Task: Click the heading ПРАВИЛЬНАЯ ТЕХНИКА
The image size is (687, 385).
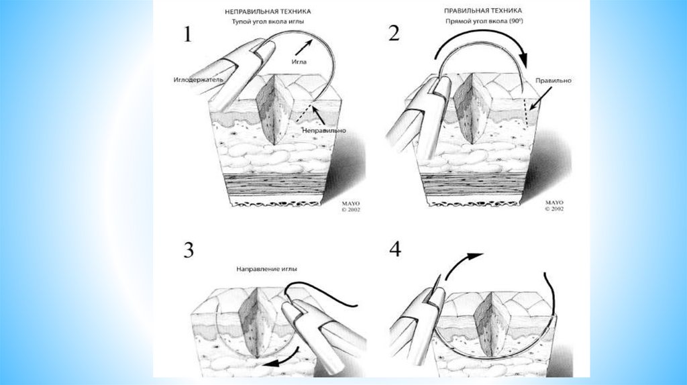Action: point(483,11)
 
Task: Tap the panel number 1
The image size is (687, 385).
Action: point(188,34)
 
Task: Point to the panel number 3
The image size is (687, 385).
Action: point(188,251)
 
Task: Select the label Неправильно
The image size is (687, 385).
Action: point(324,129)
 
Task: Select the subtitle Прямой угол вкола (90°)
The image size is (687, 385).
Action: point(484,21)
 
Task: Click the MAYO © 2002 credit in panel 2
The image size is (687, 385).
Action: point(554,205)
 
